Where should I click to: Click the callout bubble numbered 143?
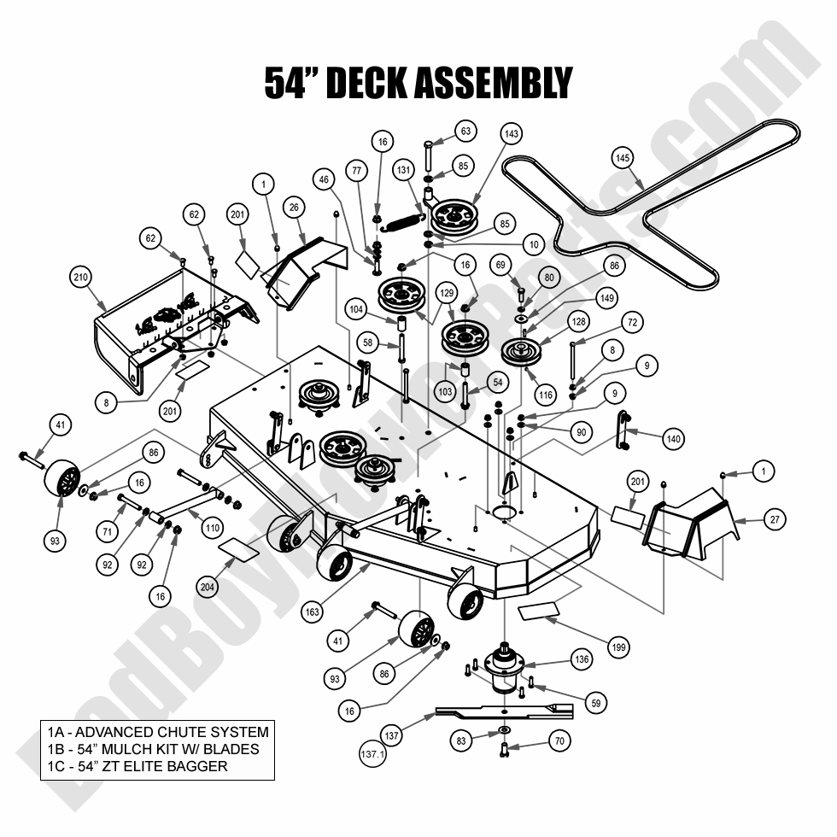[512, 134]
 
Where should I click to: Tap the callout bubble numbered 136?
[582, 659]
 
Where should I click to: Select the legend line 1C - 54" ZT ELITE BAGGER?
[138, 766]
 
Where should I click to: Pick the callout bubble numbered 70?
[559, 741]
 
